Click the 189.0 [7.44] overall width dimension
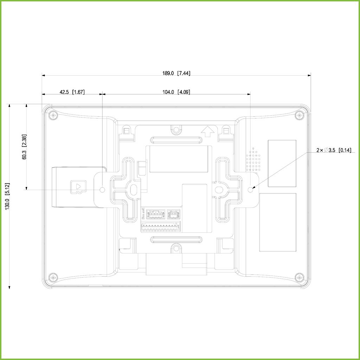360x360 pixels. [176, 73]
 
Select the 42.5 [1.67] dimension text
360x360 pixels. [72, 92]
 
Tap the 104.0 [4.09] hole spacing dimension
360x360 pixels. [176, 92]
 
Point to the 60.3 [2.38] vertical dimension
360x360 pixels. [24, 147]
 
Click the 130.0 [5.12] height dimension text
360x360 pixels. [7, 196]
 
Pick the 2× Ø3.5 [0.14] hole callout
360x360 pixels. [334, 150]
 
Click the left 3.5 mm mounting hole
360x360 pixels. [103, 190]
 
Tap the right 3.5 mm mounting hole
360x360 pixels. [250, 190]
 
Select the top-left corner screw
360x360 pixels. [53, 115]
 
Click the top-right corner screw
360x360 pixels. [300, 115]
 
